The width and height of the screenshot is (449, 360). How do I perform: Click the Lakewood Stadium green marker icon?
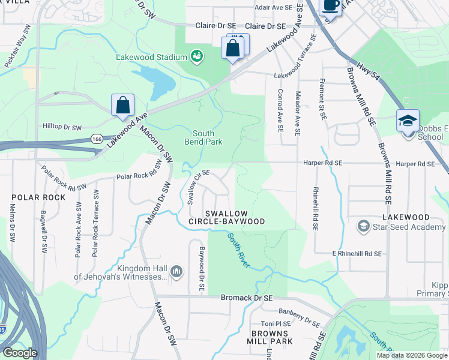tap(197, 57)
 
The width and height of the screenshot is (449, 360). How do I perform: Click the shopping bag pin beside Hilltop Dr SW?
tap(122, 105)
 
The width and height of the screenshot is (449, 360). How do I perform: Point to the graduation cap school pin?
tap(408, 121)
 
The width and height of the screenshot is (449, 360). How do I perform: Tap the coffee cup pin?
tap(331, 5)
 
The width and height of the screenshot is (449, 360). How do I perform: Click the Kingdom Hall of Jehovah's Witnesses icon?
tap(176, 272)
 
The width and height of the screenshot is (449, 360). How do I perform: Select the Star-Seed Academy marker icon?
tap(363, 226)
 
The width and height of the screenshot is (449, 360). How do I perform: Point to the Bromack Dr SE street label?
tap(247, 298)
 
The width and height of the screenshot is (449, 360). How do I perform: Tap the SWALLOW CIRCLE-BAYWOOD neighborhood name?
tap(235, 217)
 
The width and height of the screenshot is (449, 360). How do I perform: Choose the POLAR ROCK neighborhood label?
tap(34, 197)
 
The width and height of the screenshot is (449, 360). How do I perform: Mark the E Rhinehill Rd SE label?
tap(357, 254)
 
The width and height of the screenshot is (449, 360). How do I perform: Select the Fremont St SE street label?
tap(322, 98)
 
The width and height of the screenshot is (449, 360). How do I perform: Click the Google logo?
tap(20, 353)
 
